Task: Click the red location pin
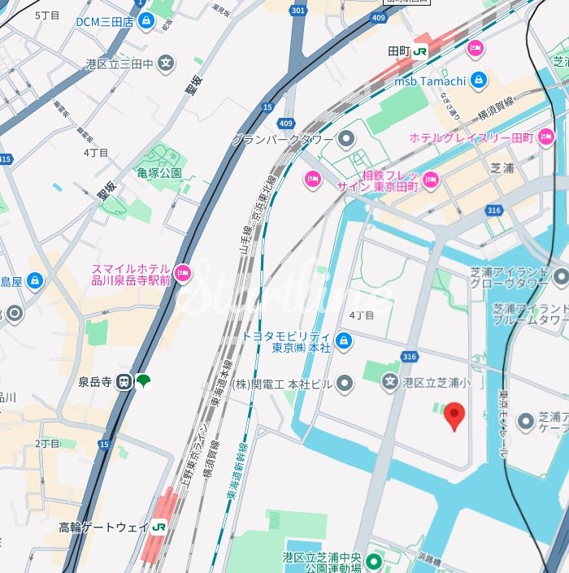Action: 455,416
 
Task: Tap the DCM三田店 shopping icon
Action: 146,21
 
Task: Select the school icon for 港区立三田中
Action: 166,63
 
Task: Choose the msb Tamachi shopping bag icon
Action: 479,80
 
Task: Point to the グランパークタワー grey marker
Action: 347,139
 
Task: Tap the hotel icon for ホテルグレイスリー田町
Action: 546,137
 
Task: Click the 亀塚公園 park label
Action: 159,173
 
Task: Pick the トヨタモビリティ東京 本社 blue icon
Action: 344,341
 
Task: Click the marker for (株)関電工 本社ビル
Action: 345,383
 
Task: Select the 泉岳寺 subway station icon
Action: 124,380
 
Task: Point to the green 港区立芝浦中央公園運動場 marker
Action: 374,562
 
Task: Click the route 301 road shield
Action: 298,11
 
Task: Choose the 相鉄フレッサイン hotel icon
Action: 430,180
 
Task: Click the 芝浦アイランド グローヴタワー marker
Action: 561,278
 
